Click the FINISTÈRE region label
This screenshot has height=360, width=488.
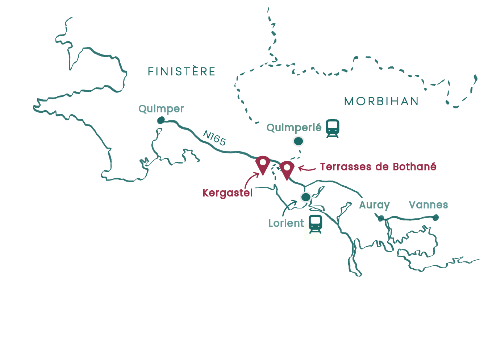point(182,71)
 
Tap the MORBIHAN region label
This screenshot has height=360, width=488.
point(381,101)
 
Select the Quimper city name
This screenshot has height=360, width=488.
point(161,109)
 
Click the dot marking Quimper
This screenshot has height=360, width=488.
point(161,120)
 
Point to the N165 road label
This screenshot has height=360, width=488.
point(214,138)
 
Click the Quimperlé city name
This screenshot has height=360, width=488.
point(294,128)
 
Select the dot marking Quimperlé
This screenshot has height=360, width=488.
point(298,141)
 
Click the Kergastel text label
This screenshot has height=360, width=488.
point(228,193)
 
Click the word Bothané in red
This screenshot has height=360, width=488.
point(414,167)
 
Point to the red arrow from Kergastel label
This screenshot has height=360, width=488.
point(251,179)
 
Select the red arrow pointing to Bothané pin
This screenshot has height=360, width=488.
point(306,168)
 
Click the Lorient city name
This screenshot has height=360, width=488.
point(286,223)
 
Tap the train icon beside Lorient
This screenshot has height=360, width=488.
point(316,224)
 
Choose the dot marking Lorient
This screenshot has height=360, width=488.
point(306,197)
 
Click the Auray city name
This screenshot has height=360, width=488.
point(374,205)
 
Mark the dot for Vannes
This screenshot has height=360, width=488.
point(435,218)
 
